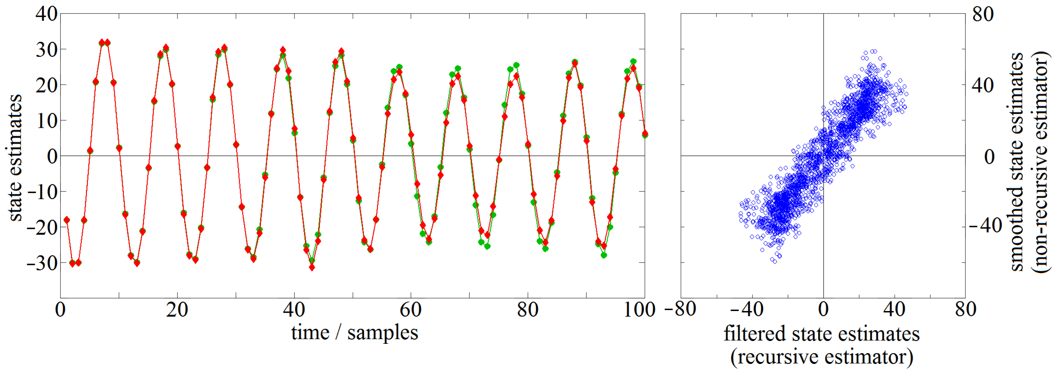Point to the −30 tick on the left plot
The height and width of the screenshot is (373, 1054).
(x=42, y=263)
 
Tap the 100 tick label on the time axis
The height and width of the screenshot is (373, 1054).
(x=639, y=310)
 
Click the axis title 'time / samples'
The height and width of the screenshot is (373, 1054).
(x=354, y=332)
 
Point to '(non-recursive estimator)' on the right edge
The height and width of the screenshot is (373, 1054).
(x=1041, y=162)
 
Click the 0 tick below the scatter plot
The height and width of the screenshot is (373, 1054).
(x=823, y=310)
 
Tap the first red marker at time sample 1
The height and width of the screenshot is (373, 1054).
(x=67, y=220)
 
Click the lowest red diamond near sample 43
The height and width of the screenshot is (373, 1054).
(x=312, y=268)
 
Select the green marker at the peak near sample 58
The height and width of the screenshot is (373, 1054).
(x=399, y=67)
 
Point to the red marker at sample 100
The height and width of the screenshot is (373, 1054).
(x=645, y=133)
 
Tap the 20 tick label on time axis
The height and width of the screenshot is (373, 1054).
(x=177, y=310)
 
